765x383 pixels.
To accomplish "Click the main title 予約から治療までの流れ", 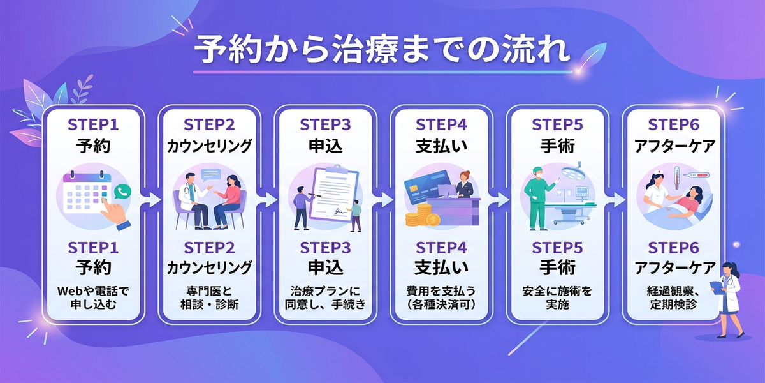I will click(x=382, y=50).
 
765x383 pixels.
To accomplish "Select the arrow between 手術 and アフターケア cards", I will click(x=615, y=200).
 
